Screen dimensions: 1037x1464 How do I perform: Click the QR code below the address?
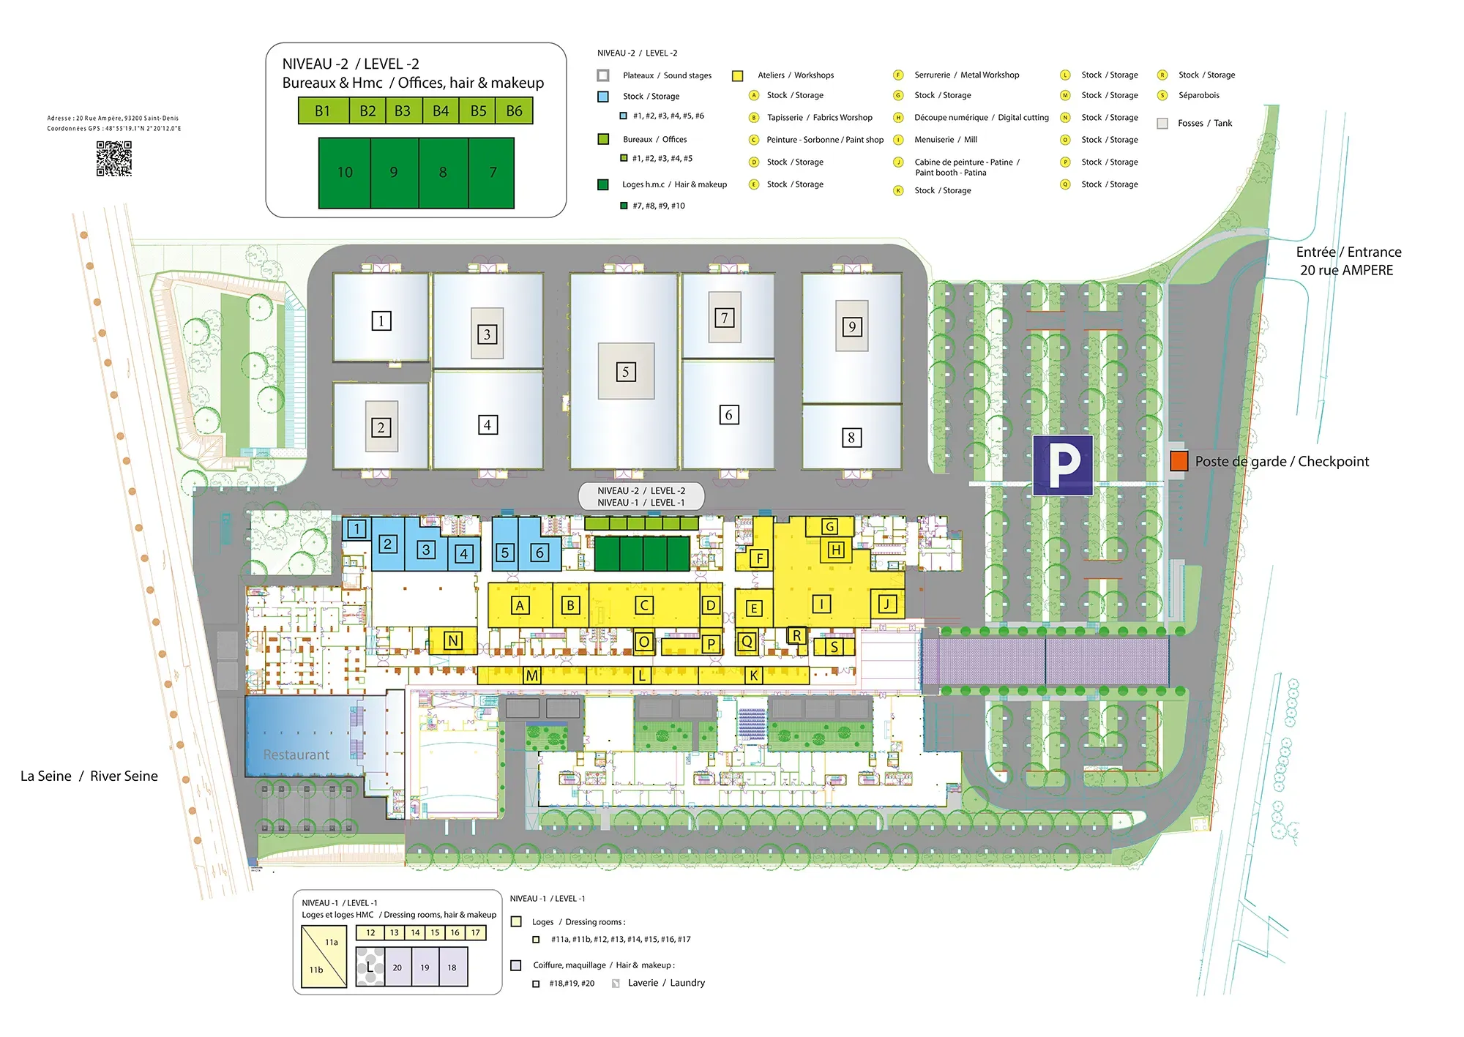(114, 159)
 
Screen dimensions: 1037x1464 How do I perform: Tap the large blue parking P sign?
(1063, 465)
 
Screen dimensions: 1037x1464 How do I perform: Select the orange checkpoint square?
(1179, 461)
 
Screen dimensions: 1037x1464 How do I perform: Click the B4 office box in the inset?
(441, 111)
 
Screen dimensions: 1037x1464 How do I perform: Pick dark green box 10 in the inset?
(345, 173)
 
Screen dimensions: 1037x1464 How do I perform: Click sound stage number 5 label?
(626, 372)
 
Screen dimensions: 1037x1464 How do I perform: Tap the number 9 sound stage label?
(851, 326)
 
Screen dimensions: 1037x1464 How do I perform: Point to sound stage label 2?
(381, 427)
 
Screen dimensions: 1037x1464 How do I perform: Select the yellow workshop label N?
(453, 641)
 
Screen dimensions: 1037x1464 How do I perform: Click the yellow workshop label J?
(886, 604)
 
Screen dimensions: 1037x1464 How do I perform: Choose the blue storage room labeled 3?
(426, 550)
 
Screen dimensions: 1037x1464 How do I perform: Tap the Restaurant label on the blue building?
(296, 755)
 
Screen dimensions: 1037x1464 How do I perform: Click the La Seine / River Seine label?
(89, 776)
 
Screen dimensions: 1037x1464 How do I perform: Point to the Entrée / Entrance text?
(1348, 252)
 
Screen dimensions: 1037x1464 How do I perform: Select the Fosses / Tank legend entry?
(1204, 124)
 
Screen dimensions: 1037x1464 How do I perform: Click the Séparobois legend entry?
(1198, 95)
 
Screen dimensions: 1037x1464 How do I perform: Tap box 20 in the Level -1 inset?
(397, 967)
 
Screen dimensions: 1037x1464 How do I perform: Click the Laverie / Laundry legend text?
(666, 983)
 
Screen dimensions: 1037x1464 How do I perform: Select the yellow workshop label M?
(532, 675)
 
